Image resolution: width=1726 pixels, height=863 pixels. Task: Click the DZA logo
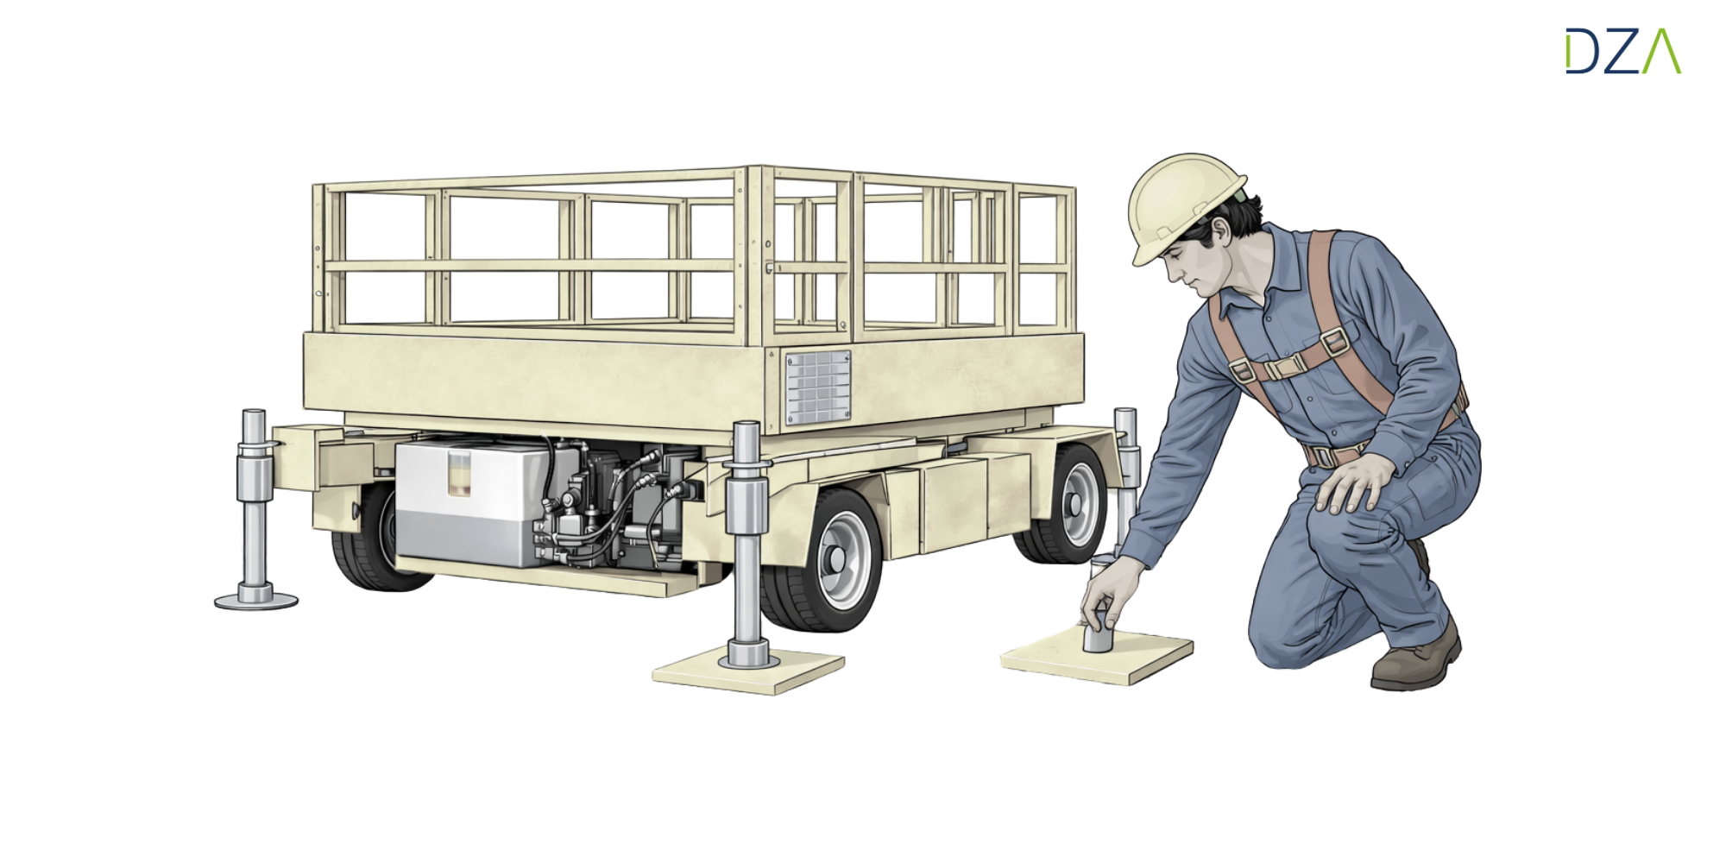[1623, 51]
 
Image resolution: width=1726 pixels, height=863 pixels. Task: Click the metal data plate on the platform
[817, 387]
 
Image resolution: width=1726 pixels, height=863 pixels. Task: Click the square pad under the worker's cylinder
[1097, 655]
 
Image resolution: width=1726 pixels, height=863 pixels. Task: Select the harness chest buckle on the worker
[1285, 367]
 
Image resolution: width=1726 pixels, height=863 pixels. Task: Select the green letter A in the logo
[1661, 51]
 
